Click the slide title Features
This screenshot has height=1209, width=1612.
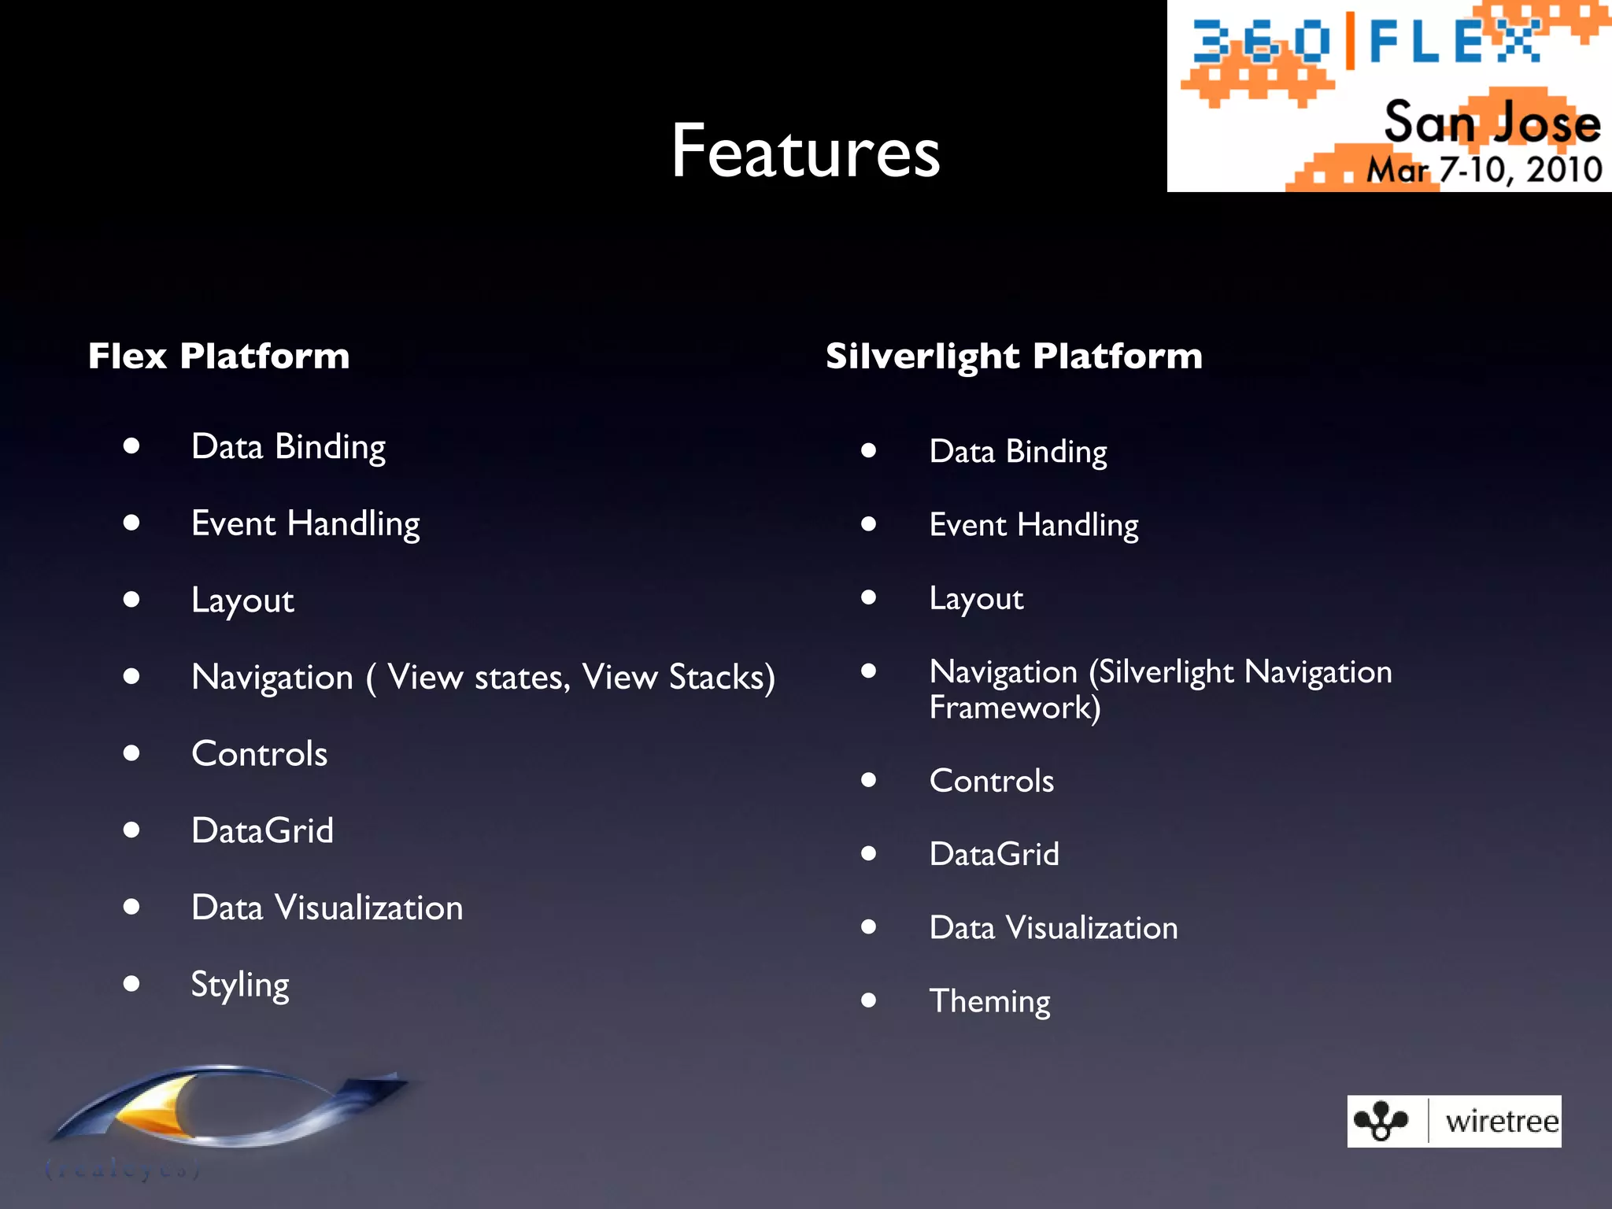(x=805, y=151)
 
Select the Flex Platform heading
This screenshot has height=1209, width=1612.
(x=219, y=356)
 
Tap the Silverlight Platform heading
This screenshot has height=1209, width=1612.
(x=1014, y=356)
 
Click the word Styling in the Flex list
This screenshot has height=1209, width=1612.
(x=240, y=985)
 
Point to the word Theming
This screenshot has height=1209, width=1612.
(x=989, y=1001)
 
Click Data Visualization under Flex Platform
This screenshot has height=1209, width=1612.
(x=327, y=908)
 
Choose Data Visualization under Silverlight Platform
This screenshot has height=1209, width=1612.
(x=1053, y=928)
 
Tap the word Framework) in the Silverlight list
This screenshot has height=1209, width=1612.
(x=1015, y=708)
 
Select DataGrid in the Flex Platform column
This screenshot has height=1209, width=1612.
(x=262, y=830)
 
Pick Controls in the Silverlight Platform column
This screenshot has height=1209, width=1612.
(x=991, y=781)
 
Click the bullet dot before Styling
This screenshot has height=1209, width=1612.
(x=131, y=983)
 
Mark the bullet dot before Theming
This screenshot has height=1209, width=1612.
(x=868, y=1000)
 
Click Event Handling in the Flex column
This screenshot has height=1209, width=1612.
(x=305, y=524)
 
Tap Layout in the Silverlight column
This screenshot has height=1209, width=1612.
(x=976, y=599)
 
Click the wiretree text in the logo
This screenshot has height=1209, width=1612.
(x=1501, y=1121)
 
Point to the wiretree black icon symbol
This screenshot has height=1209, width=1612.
(x=1381, y=1121)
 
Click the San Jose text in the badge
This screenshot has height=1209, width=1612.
(x=1492, y=123)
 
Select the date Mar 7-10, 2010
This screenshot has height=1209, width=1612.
(x=1484, y=170)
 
